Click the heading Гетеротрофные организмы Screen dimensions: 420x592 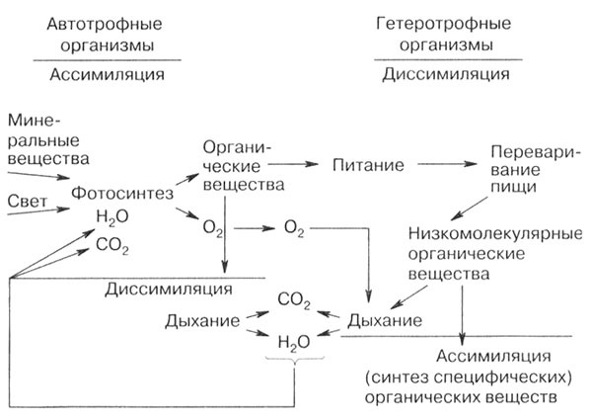pyautogui.click(x=445, y=34)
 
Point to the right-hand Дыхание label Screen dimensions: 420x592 pyautogui.click(x=384, y=321)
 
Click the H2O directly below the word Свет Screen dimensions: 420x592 pyautogui.click(x=111, y=215)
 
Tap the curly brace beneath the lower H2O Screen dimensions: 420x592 pyautogui.click(x=293, y=360)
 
